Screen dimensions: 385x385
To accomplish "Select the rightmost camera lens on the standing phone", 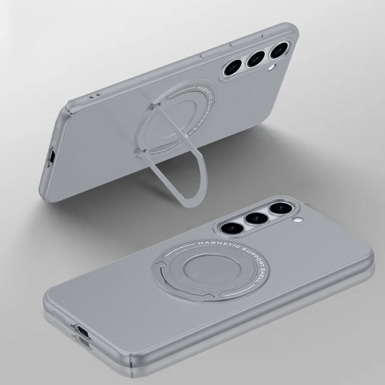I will [x=279, y=51].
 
